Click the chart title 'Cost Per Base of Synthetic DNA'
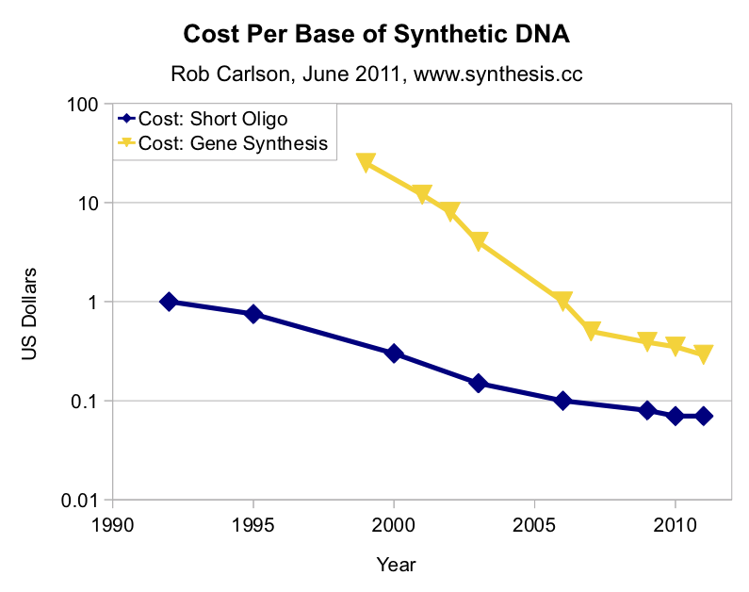tap(376, 36)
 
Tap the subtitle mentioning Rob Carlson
tap(376, 74)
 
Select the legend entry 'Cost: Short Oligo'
tap(213, 119)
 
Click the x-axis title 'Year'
tap(396, 565)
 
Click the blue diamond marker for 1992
tap(169, 302)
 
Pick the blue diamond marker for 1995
tap(253, 314)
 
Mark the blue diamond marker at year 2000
tap(394, 354)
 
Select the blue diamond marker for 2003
tap(478, 383)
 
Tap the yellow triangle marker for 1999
tap(366, 162)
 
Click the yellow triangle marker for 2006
tap(562, 301)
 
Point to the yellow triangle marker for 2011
tap(703, 354)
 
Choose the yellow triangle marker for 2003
tap(478, 241)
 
